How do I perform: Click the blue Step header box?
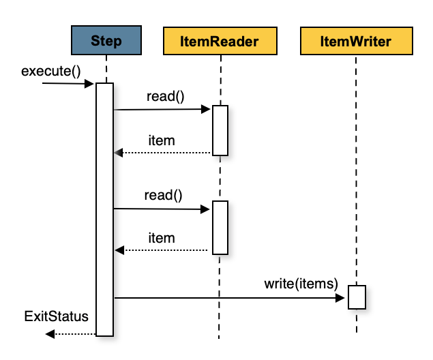click(x=106, y=41)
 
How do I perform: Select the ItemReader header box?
click(x=220, y=41)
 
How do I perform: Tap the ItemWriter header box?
click(x=355, y=41)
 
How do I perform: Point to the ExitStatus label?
click(x=57, y=316)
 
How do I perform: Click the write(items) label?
click(x=301, y=283)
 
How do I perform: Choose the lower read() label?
click(x=164, y=196)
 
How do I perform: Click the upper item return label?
click(x=162, y=140)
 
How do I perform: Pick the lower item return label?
click(x=162, y=238)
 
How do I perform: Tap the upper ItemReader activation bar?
click(x=220, y=130)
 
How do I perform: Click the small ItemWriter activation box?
click(x=357, y=297)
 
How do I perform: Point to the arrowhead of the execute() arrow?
click(x=89, y=84)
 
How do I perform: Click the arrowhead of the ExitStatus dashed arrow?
click(x=50, y=333)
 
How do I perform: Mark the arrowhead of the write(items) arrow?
click(x=343, y=297)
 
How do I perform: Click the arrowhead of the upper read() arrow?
click(x=205, y=109)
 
